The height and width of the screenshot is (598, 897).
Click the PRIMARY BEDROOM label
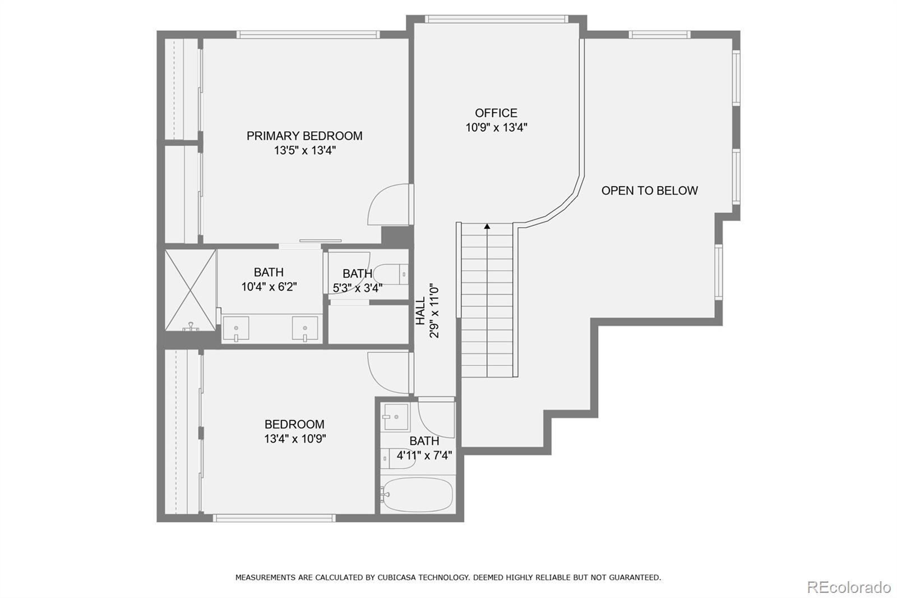click(x=304, y=136)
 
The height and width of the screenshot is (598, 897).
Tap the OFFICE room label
click(x=496, y=113)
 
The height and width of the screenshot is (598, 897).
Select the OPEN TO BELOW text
click(x=649, y=191)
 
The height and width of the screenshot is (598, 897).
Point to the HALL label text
click(x=420, y=311)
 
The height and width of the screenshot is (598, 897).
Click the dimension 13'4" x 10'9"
click(x=295, y=439)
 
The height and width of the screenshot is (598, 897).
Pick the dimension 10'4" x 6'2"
click(x=269, y=287)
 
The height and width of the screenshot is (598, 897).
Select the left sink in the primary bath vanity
click(x=236, y=329)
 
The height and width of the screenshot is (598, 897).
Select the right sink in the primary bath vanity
click(x=305, y=329)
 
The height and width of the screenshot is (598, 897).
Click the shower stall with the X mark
click(x=190, y=291)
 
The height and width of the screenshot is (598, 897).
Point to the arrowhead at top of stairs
click(x=487, y=227)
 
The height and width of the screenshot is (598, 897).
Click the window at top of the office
click(x=496, y=19)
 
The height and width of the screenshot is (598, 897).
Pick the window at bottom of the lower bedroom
click(x=274, y=518)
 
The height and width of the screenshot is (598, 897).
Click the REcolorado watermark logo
click(x=848, y=587)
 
